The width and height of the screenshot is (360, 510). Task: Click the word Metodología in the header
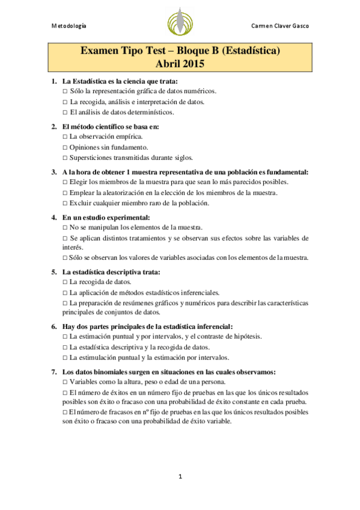click(x=68, y=26)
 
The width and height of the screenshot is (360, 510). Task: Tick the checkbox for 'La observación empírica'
click(x=65, y=137)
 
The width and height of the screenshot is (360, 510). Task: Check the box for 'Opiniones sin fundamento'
click(x=65, y=147)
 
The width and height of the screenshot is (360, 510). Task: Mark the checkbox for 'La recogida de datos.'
click(x=65, y=282)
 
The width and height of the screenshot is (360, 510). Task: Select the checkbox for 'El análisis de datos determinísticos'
click(x=65, y=112)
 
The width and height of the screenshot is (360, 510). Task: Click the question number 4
click(x=53, y=217)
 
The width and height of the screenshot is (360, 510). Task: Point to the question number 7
click(x=53, y=372)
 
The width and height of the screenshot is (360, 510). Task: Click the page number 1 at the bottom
click(x=180, y=476)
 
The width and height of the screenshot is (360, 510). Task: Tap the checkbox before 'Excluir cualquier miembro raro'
click(x=65, y=203)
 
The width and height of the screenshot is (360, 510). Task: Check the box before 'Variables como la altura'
click(x=65, y=382)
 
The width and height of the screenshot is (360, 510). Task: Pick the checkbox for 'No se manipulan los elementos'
click(x=65, y=227)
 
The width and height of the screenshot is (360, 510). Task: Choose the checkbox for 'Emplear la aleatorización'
click(x=65, y=192)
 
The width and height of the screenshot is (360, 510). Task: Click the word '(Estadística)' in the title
click(x=249, y=52)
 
